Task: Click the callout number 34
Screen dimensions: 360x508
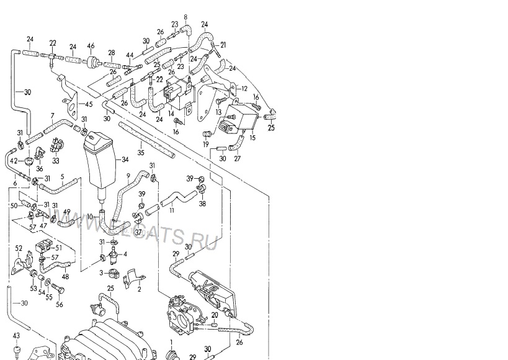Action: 125,159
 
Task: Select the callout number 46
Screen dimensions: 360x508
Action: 91,45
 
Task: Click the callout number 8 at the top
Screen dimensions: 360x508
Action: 185,16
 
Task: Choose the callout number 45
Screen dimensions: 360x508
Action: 89,104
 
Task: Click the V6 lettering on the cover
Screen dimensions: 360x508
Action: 207,286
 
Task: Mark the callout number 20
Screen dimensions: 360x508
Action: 214,315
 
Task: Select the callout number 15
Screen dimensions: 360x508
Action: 252,138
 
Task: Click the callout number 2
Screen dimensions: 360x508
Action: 139,289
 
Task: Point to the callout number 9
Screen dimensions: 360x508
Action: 128,176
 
